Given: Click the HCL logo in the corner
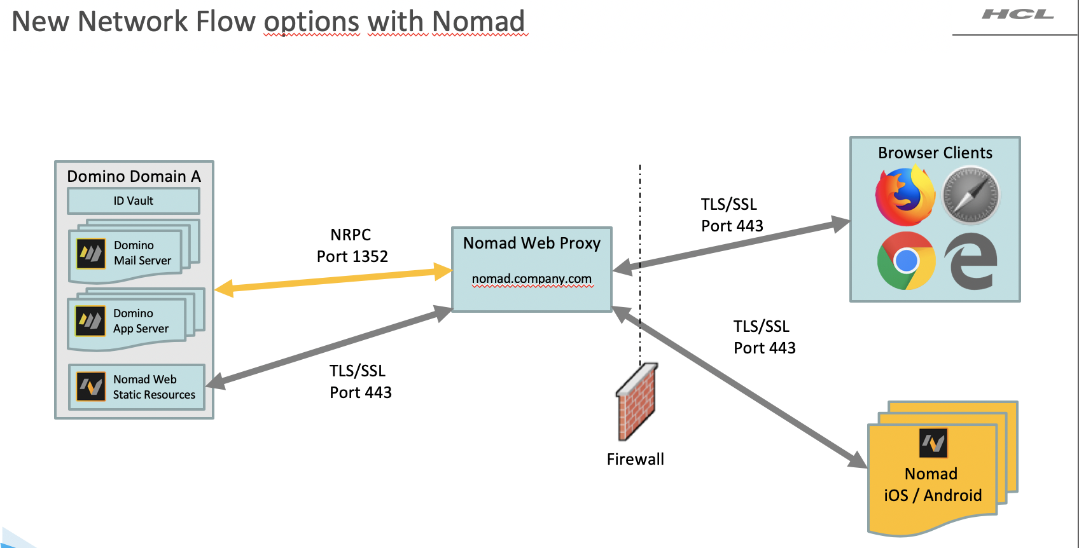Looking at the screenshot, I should tap(1017, 15).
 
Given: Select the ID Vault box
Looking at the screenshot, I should tap(134, 201).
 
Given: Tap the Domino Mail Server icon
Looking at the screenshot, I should tap(91, 254).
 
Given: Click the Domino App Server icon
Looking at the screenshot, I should tap(90, 321).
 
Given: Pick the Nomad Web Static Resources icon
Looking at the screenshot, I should tap(91, 387).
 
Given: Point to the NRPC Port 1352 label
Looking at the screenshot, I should tap(352, 245).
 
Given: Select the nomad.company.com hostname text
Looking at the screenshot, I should tap(532, 278).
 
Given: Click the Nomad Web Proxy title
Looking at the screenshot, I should tap(532, 243).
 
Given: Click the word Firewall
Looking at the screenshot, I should tap(635, 459).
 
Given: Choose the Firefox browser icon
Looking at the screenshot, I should tap(905, 196).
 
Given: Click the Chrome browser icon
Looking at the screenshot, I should tap(906, 261).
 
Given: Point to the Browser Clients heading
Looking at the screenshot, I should tap(935, 153).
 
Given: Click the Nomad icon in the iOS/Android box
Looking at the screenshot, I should tap(933, 443).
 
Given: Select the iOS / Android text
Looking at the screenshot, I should tap(933, 495).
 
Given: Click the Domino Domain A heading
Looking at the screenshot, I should tap(134, 176).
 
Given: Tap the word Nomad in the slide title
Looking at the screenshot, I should tap(478, 21).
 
